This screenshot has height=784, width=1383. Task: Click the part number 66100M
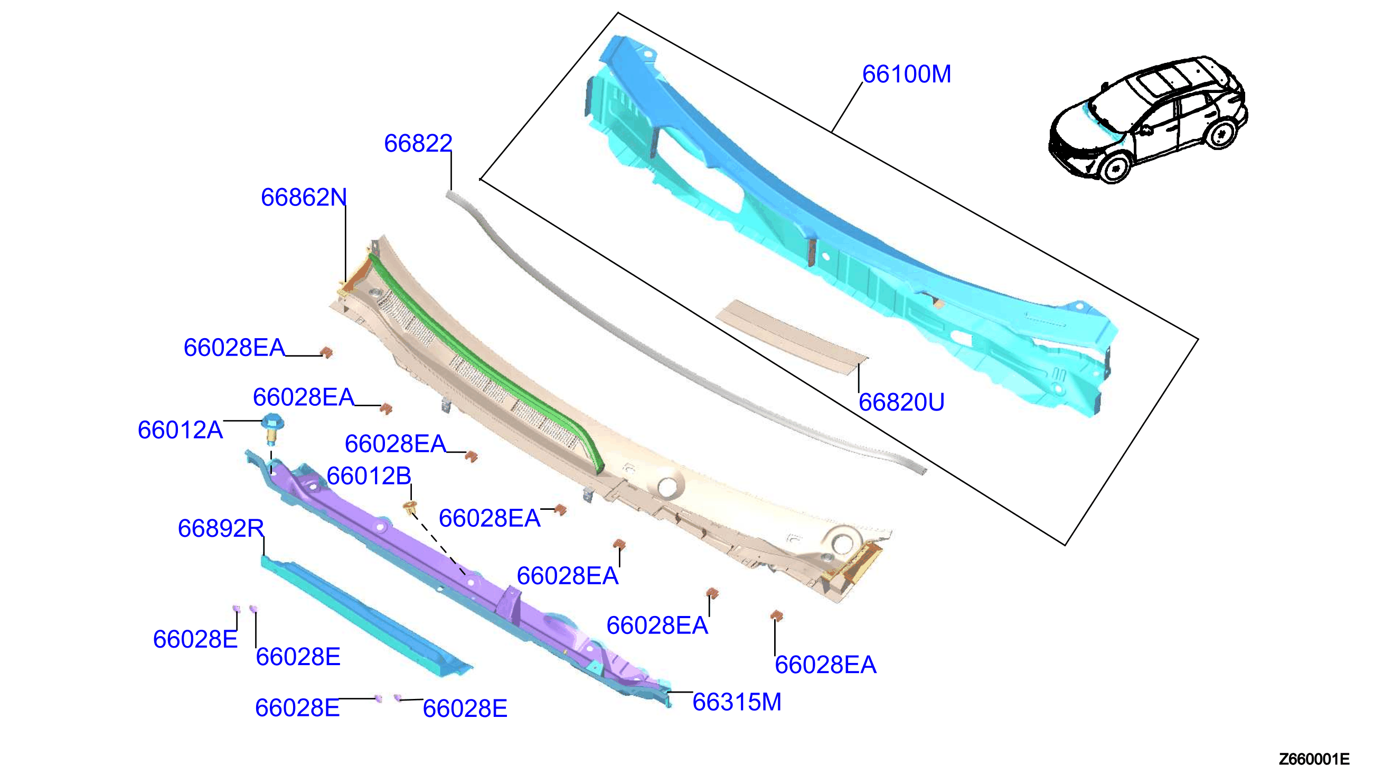coord(906,74)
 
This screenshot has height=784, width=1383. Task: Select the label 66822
coord(418,143)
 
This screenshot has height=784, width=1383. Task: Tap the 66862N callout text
coord(304,198)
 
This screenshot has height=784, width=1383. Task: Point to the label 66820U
coord(901,402)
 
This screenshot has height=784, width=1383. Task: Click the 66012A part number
coord(180,430)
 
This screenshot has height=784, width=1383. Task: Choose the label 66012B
coord(369,476)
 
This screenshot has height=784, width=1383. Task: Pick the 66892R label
coord(221,528)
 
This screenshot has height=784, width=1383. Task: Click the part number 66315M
coord(737,702)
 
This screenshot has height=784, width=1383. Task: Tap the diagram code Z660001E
coord(1314,759)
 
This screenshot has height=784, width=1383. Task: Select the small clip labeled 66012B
coord(411,507)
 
